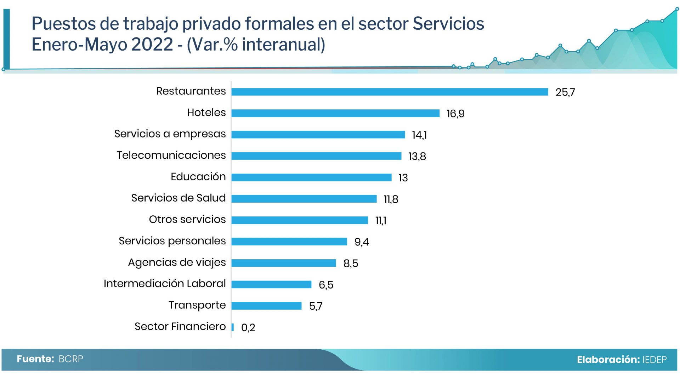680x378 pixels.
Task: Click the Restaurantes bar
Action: coord(390,92)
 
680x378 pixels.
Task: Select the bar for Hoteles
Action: coord(335,113)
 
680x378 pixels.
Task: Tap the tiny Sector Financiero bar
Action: coord(233,327)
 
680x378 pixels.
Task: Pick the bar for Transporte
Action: coord(266,306)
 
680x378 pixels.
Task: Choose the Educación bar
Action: coord(311,177)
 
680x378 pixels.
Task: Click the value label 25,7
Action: coord(565,92)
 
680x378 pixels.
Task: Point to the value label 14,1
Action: coord(419,135)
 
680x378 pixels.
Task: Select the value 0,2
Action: coord(248,327)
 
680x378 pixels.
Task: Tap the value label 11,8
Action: coord(391,199)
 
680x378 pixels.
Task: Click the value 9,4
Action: coord(362,242)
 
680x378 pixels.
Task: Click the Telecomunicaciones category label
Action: coord(171,155)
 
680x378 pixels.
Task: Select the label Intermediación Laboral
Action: coord(165,284)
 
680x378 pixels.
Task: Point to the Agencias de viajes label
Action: coord(177,262)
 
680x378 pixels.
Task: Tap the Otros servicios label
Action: coord(187,219)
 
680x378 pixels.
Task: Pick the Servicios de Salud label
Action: coord(178,198)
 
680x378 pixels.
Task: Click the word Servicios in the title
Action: coord(448,24)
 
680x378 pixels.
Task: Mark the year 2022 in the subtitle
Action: coord(152,45)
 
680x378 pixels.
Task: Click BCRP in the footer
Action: coord(71,359)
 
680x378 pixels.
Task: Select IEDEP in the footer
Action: coord(654,360)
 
